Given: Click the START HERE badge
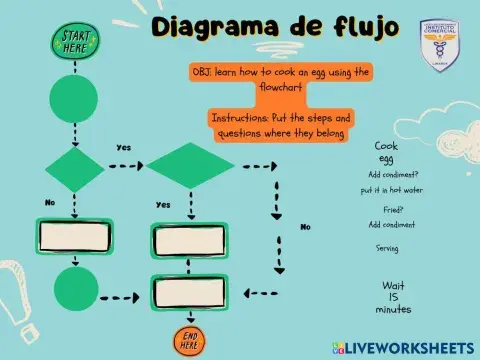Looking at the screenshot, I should coord(74,43).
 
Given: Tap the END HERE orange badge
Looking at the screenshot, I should coord(188,340).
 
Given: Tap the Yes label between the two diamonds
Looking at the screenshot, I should coord(124,147).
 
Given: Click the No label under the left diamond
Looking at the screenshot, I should coord(50,202).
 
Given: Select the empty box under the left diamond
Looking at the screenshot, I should coord(74,237).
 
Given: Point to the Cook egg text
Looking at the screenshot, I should coord(386,152).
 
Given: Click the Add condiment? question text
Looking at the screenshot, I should coord(388,175).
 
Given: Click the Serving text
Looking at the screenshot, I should coord(388,247).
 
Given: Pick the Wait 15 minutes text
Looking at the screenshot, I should coord(393,297).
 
